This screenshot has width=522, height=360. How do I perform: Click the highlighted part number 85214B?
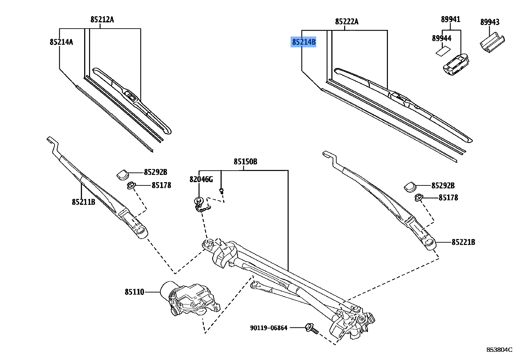[304, 42]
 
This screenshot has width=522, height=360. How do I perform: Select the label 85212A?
[102, 20]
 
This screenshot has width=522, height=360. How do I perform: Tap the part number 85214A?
[61, 42]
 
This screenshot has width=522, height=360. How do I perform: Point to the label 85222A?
[347, 22]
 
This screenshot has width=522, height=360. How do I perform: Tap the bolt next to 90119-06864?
[311, 328]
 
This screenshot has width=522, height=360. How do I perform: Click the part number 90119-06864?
[269, 328]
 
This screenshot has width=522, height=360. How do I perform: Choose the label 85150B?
[245, 162]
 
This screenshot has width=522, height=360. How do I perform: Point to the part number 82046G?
[201, 180]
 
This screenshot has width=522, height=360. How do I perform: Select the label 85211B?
[83, 202]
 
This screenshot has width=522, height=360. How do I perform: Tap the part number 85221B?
[463, 242]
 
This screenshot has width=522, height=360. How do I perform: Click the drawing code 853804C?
[499, 349]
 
